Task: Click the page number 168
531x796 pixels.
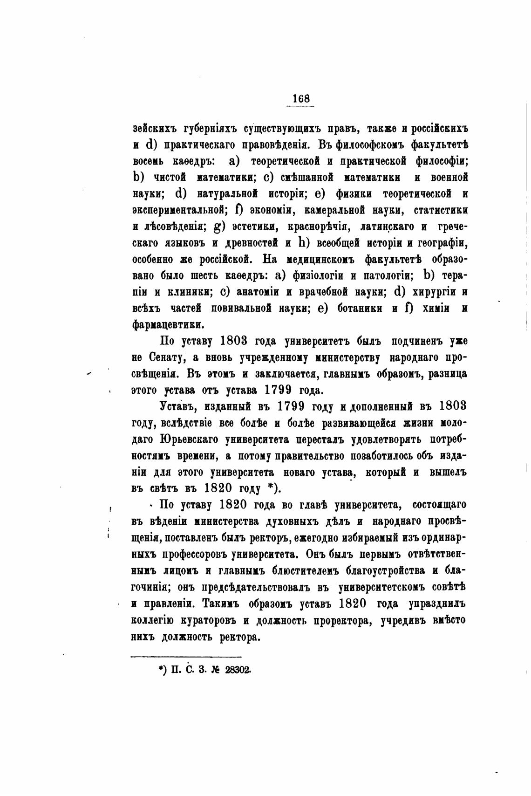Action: pyautogui.click(x=300, y=99)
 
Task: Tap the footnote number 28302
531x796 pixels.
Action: pyautogui.click(x=238, y=670)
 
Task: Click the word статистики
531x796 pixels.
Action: pyautogui.click(x=441, y=210)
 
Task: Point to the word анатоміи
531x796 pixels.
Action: pyautogui.click(x=258, y=292)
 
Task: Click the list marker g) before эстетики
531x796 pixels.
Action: pyautogui.click(x=219, y=227)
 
